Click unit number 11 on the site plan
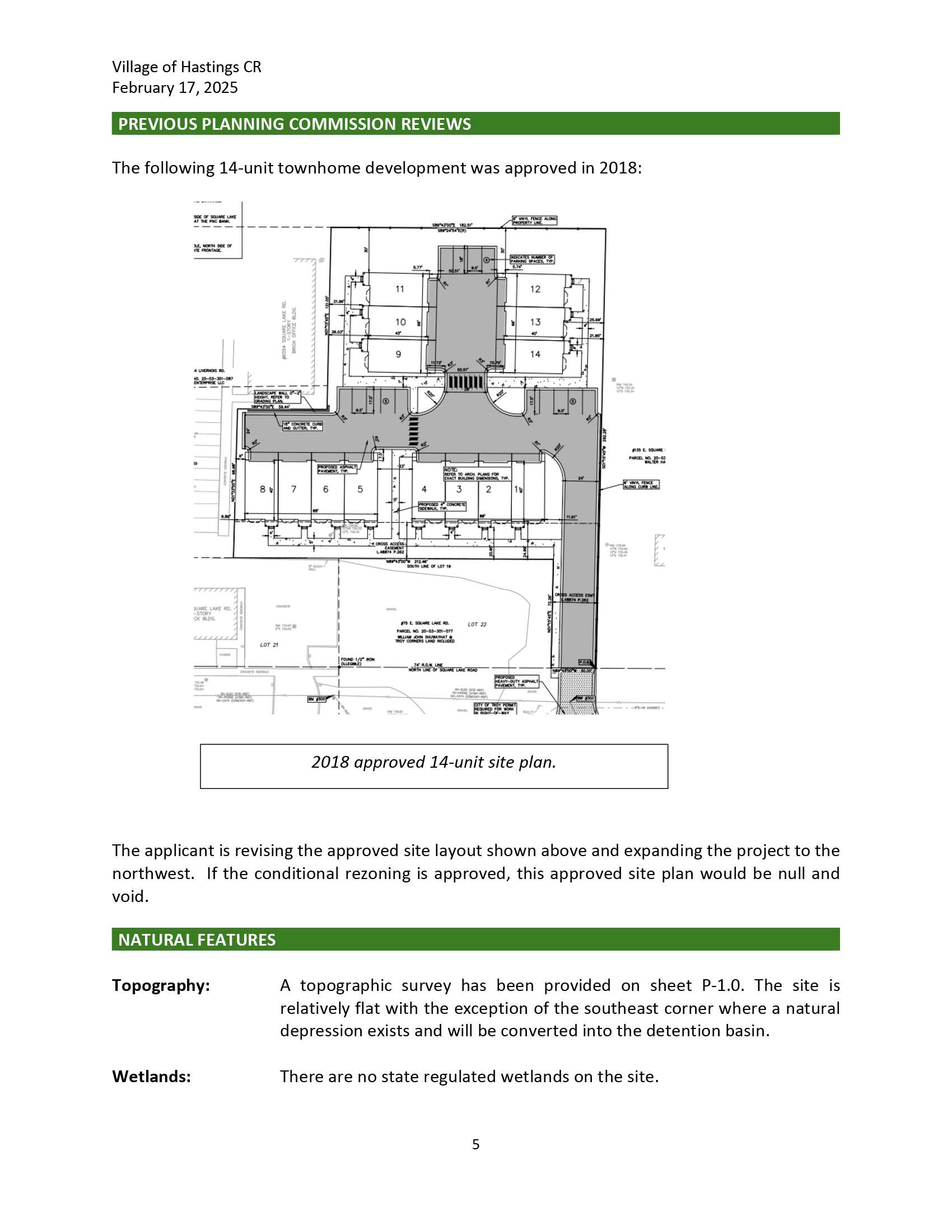[400, 289]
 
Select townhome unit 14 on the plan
[535, 354]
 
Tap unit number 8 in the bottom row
[262, 489]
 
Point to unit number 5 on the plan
[360, 489]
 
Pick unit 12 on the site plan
[535, 289]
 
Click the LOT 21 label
[269, 645]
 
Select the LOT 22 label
[477, 624]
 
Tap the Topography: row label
[161, 985]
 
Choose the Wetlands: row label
[151, 1077]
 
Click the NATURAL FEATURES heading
[197, 940]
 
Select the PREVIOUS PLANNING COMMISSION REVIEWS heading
[295, 124]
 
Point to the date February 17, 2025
[175, 88]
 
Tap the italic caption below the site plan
[433, 762]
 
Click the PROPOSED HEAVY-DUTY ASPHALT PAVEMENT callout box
[517, 682]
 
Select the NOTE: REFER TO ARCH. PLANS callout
[477, 474]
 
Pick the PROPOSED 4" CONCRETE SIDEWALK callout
[442, 506]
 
